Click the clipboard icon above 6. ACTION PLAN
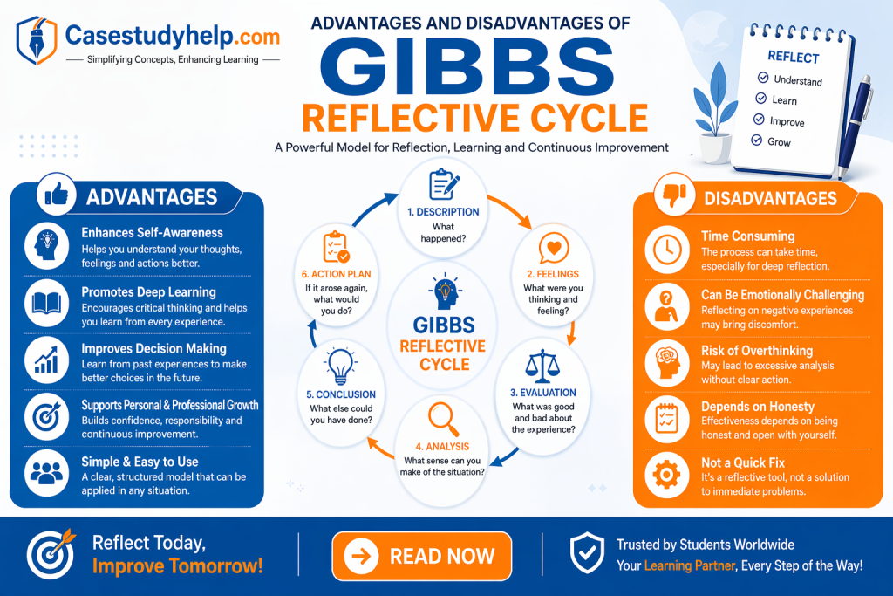point(337,247)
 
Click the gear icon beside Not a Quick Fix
point(667,474)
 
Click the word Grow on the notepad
point(779,141)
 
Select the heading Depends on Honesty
point(757,407)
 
